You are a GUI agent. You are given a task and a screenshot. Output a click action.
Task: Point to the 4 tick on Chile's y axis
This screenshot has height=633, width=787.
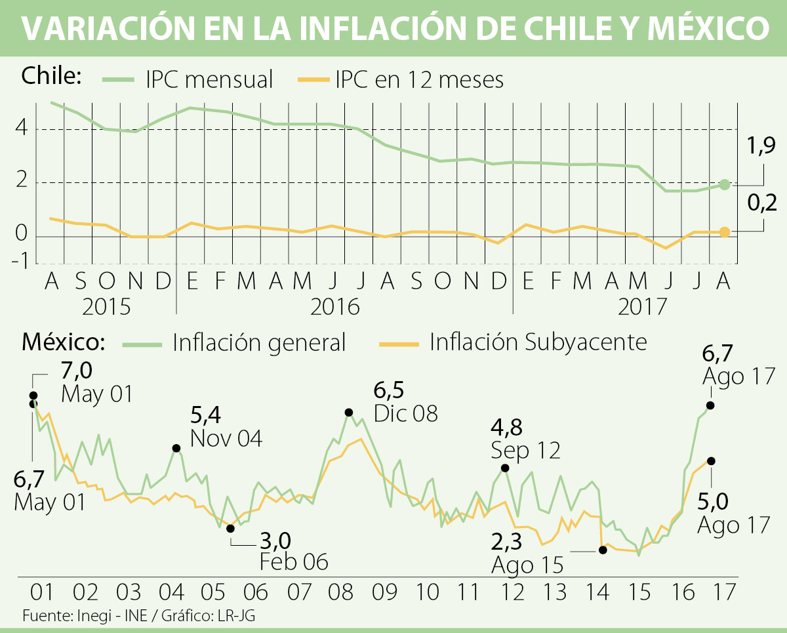coord(22,129)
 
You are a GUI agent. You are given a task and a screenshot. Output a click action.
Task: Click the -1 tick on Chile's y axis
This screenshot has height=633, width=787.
coord(20,262)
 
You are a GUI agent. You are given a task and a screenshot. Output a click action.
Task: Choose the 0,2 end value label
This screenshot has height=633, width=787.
coord(761,203)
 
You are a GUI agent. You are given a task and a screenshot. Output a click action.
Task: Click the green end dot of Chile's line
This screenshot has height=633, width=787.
coord(725,185)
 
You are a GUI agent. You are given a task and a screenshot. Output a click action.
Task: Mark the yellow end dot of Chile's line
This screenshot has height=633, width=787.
coord(725,232)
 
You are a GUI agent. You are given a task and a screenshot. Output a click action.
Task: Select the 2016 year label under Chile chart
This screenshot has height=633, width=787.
coord(335,306)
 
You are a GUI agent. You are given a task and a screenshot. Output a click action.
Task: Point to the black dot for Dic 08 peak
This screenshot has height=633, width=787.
coord(349,413)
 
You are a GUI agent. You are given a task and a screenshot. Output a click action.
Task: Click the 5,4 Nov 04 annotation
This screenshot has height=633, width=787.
coord(226,427)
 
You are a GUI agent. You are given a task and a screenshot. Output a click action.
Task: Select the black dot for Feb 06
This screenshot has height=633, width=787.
coord(230,528)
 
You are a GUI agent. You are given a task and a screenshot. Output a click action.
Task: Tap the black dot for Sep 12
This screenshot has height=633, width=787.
coord(505,468)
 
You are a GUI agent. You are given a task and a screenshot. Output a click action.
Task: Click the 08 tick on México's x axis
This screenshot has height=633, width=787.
coord(341,592)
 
